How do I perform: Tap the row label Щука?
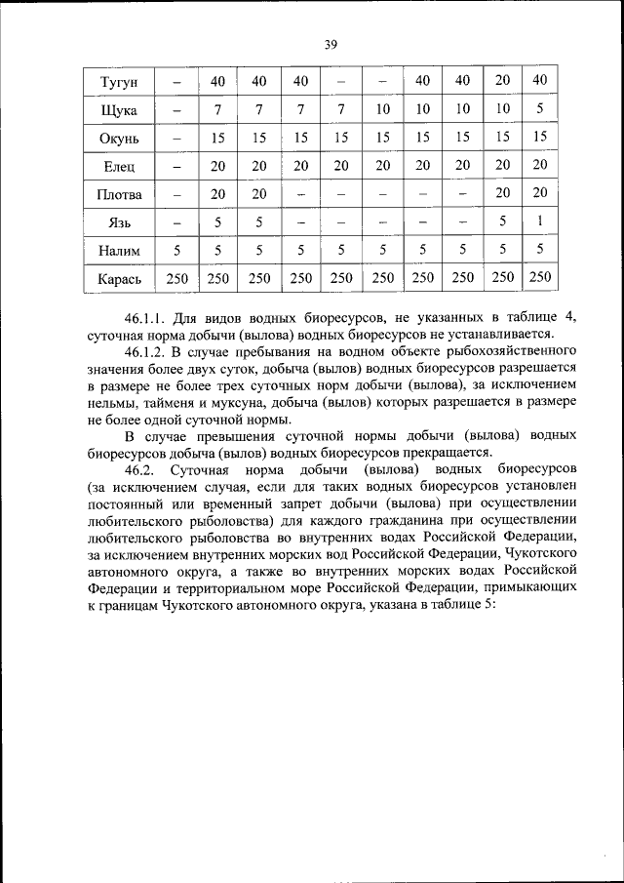119,109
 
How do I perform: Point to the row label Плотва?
119,194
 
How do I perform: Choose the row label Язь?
119,222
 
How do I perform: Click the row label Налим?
119,251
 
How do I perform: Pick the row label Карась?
119,279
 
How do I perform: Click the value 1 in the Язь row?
540,221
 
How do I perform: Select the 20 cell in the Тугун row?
502,80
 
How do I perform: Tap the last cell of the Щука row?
540,108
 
